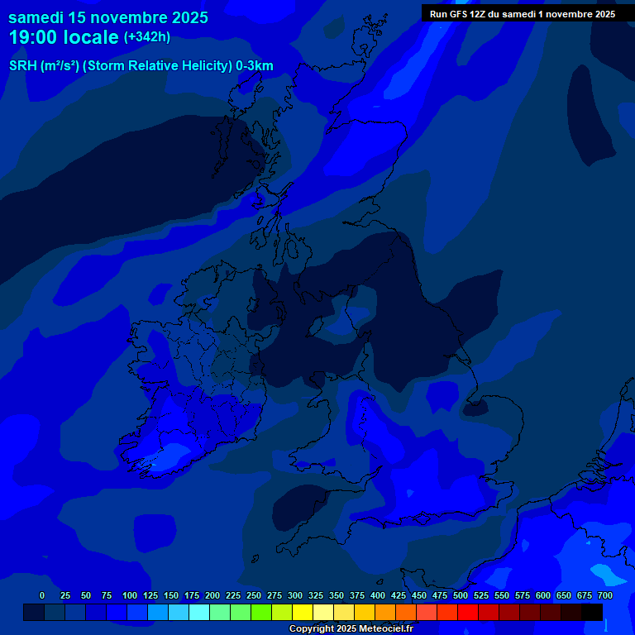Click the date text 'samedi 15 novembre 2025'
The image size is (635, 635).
[x=108, y=17]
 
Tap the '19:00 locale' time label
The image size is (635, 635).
[x=64, y=37]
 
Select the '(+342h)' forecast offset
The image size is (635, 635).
[x=147, y=36]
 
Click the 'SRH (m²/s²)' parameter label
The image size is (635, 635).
[x=44, y=66]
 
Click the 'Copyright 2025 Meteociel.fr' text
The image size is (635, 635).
[x=351, y=628]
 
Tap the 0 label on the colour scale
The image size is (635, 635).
[x=42, y=595]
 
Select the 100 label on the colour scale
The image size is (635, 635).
[x=130, y=595]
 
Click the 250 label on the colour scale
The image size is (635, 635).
[x=254, y=595]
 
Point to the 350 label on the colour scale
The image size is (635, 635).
[x=337, y=595]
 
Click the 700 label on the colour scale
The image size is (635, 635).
[x=605, y=595]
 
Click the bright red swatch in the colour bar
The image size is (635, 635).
[x=468, y=612]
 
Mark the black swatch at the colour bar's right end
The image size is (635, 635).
[x=592, y=612]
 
